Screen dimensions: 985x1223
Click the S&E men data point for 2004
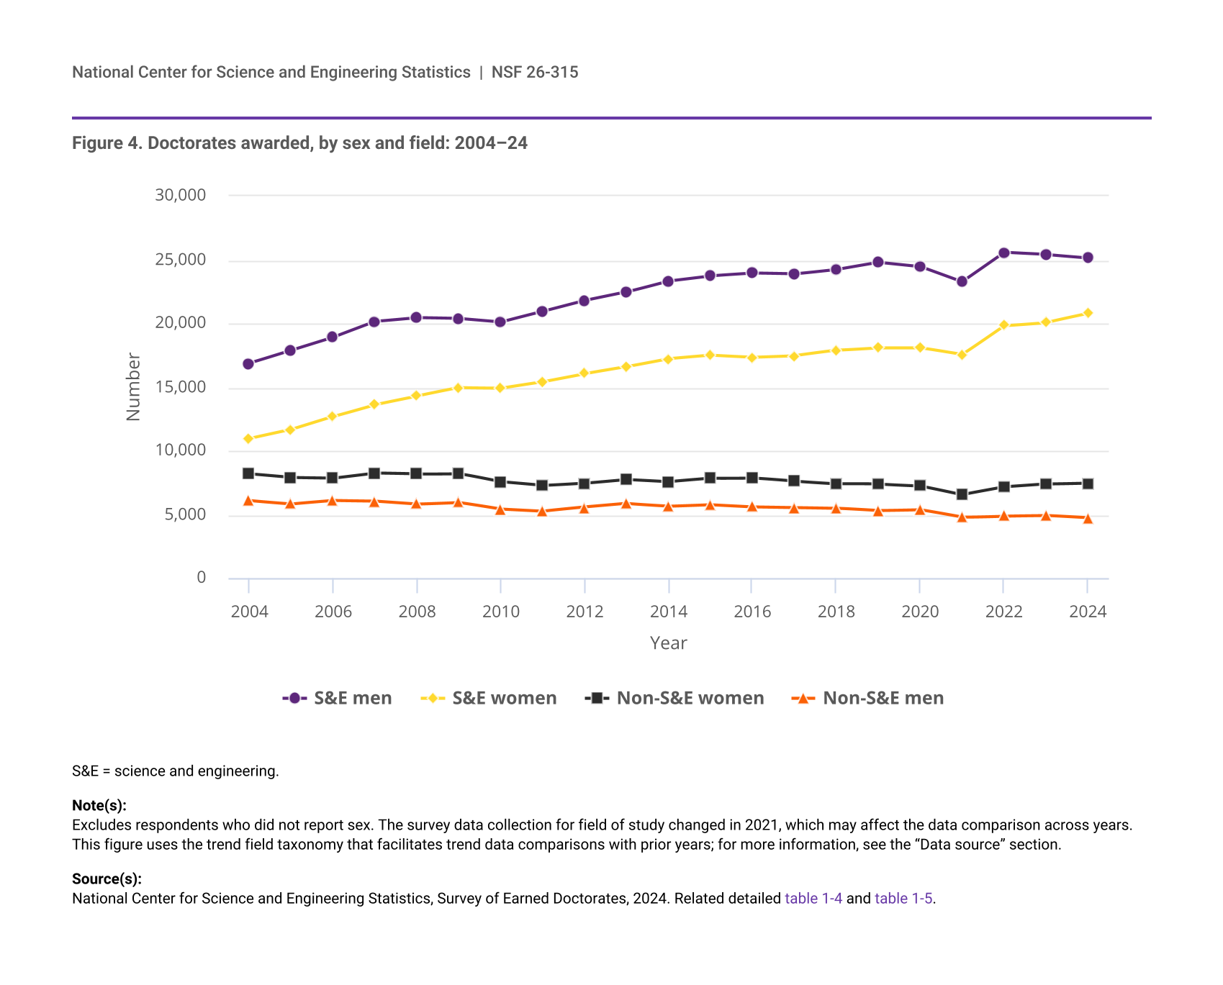pos(248,364)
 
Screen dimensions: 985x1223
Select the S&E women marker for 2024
pos(1088,313)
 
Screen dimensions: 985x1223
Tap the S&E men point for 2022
pos(1003,253)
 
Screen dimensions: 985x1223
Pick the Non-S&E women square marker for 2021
pos(962,494)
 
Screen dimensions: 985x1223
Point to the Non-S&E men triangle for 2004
pos(248,501)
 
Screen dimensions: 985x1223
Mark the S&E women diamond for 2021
pos(962,355)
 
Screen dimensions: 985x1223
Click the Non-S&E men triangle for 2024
pos(1088,518)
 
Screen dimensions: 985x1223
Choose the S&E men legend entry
pos(338,698)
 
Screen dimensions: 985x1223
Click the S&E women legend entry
pos(489,698)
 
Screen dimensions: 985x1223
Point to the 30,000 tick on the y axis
pos(181,195)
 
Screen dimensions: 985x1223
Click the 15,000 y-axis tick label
pos(181,387)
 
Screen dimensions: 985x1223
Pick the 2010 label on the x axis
pos(501,612)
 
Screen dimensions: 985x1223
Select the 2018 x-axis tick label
pos(836,612)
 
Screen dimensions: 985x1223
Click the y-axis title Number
pos(133,386)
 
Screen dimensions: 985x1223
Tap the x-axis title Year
pos(668,643)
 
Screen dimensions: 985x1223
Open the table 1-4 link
pos(813,898)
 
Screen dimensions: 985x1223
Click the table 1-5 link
pos(903,898)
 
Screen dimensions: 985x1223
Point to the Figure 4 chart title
pos(299,143)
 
